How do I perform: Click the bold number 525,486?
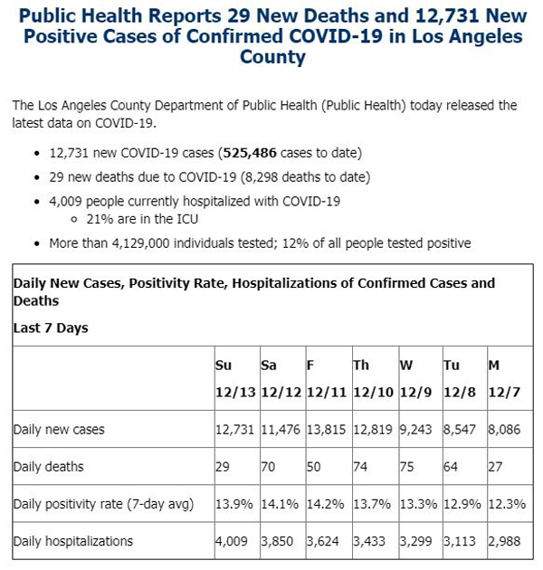click(x=250, y=153)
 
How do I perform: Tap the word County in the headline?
click(x=272, y=57)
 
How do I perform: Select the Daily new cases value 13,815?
click(x=326, y=430)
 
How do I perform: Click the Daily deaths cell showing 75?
click(x=406, y=466)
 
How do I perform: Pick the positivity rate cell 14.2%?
click(x=326, y=504)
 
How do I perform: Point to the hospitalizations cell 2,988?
click(x=504, y=541)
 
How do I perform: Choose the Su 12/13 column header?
click(x=235, y=378)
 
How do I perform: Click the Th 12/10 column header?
click(x=374, y=378)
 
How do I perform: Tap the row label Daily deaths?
click(x=48, y=466)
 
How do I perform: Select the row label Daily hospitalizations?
click(x=73, y=541)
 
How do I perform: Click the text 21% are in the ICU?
click(x=142, y=219)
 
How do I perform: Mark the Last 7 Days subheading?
click(x=51, y=328)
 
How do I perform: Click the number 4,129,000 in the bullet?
click(x=141, y=243)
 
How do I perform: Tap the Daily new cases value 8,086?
click(x=504, y=430)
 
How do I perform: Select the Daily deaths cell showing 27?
click(x=495, y=466)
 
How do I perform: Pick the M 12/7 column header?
click(x=504, y=378)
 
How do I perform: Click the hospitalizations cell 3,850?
click(x=277, y=541)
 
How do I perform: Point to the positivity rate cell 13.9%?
click(x=234, y=504)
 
